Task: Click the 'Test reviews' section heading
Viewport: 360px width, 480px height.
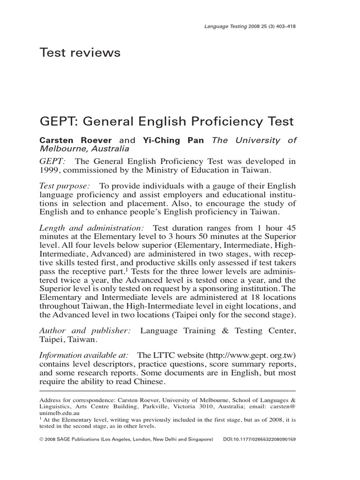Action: coord(80,53)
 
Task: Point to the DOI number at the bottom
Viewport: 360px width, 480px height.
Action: coord(265,440)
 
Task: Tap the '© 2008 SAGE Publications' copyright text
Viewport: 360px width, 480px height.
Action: coord(81,440)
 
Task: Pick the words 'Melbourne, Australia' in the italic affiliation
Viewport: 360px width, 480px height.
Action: coord(84,149)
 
